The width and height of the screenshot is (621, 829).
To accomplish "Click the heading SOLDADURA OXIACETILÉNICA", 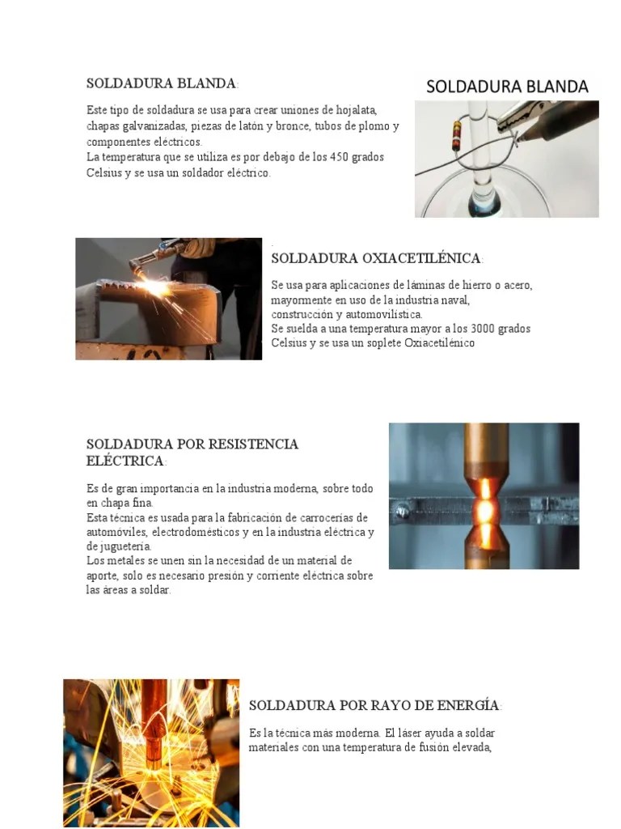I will pyautogui.click(x=376, y=258).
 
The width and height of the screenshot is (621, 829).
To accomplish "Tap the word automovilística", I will pyautogui.click(x=382, y=314).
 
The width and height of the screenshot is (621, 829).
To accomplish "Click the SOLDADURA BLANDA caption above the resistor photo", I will pyautogui.click(x=507, y=87).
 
